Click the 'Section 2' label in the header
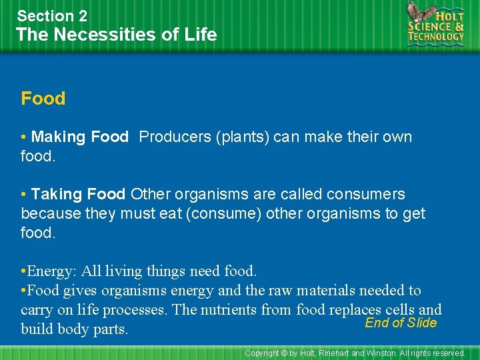(x=52, y=15)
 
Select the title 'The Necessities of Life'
(x=117, y=35)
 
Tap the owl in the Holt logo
(x=419, y=13)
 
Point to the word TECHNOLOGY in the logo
(x=437, y=37)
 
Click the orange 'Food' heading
(x=43, y=99)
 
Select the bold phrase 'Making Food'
(x=79, y=137)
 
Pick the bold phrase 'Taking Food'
(x=78, y=195)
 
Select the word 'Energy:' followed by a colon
(x=53, y=271)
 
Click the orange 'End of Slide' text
(x=401, y=323)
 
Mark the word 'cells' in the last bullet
(x=399, y=309)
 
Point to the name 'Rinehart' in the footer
(x=334, y=353)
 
